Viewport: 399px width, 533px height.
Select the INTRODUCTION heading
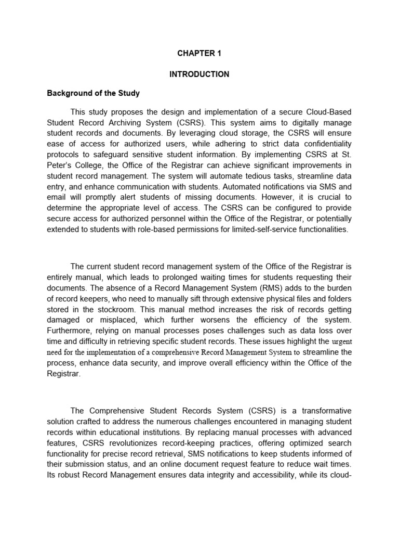199,74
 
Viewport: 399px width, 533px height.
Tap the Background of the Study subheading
94,94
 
